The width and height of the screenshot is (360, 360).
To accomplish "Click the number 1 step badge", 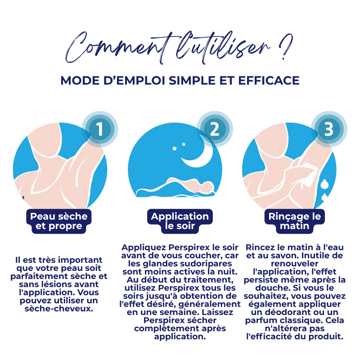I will tap(99, 129).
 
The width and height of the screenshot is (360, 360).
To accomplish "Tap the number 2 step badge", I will tap(214, 129).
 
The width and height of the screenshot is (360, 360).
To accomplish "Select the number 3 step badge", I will tap(329, 129).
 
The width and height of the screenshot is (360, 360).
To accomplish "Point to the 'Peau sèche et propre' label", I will tap(59, 221).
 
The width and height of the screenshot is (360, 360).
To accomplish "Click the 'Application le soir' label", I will tap(180, 221).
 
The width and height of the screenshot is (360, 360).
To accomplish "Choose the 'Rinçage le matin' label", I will tap(295, 221).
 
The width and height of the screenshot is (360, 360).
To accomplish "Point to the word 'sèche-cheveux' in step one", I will tap(59, 309).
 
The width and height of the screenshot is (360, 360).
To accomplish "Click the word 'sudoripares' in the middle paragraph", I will tap(207, 263).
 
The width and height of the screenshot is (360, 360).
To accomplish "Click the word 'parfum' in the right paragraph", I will tap(261, 320).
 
